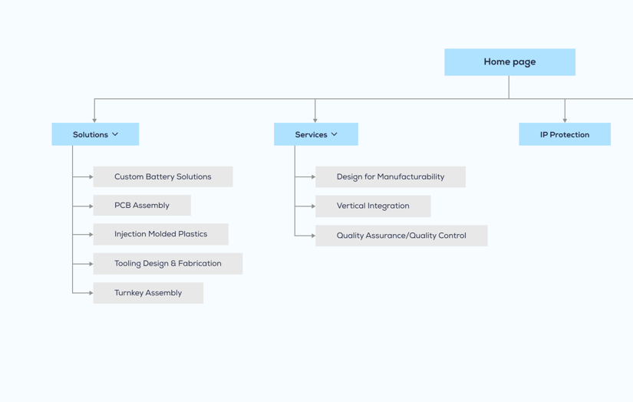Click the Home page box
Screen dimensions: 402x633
tap(509, 62)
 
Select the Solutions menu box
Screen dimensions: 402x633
tap(95, 134)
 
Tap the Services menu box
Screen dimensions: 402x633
tap(315, 134)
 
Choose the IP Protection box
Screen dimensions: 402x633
tap(564, 134)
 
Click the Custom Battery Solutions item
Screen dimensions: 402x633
tap(163, 176)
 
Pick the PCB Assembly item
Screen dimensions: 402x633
tap(142, 206)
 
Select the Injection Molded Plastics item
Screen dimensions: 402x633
tap(160, 234)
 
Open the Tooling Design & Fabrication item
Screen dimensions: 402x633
tap(167, 263)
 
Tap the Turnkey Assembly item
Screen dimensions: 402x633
tap(148, 293)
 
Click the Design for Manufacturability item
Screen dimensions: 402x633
tap(390, 176)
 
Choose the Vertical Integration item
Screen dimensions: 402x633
tap(373, 206)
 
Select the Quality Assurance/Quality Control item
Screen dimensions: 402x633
tap(401, 236)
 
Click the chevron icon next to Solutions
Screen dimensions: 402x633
tap(115, 134)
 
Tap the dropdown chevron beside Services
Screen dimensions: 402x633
tap(335, 134)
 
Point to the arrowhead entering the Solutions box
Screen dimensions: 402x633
tap(94, 120)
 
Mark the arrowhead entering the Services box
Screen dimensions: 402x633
tap(315, 120)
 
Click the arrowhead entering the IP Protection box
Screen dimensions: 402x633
tap(565, 120)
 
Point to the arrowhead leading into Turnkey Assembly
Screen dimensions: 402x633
tap(91, 293)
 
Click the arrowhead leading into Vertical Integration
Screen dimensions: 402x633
tap(313, 206)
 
